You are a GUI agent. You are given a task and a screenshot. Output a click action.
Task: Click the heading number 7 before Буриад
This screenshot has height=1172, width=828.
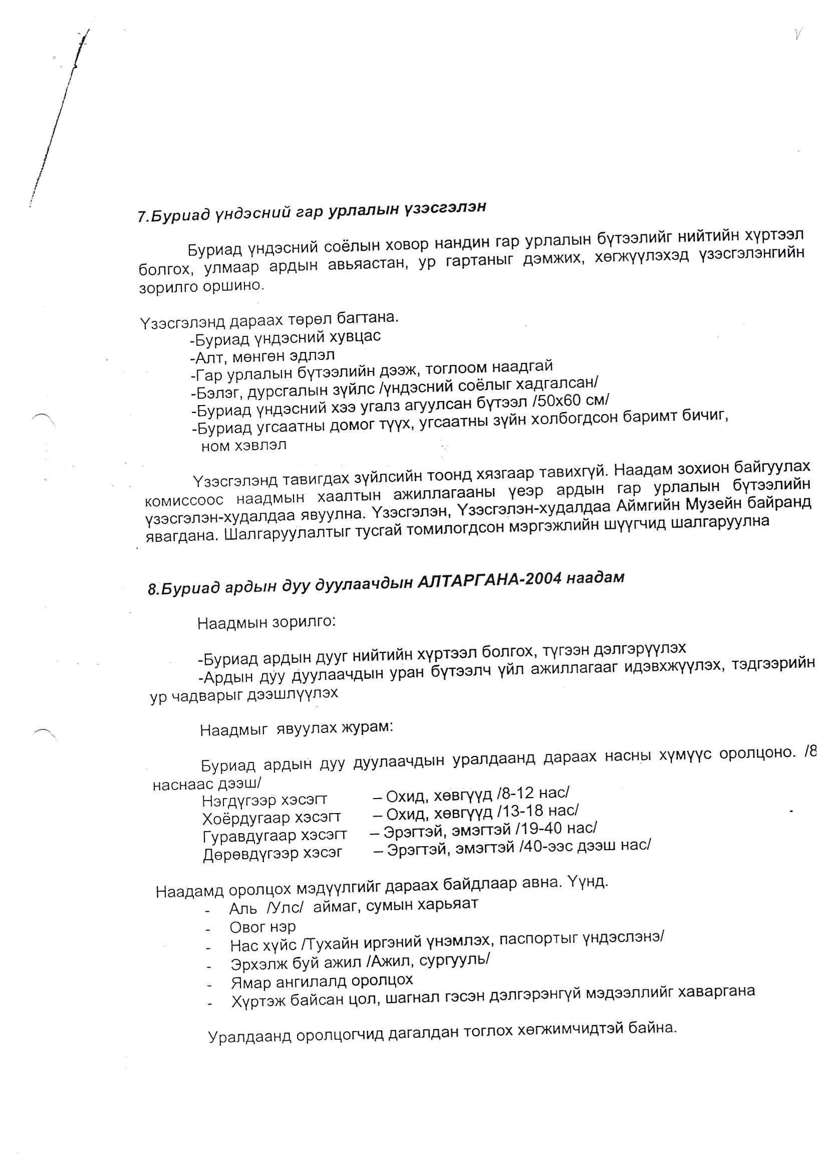pos(141,217)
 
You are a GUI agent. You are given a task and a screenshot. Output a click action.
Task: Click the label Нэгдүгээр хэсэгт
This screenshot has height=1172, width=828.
pos(264,800)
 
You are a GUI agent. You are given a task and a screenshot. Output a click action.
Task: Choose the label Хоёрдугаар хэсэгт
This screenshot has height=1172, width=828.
pos(271,818)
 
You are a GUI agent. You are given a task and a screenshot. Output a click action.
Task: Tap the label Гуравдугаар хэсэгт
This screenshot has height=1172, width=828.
pos(274,836)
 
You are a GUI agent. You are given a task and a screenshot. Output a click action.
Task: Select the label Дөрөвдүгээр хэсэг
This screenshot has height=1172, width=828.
pos(272,854)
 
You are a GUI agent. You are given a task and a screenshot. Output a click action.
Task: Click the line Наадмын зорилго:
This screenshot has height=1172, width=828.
pos(266,623)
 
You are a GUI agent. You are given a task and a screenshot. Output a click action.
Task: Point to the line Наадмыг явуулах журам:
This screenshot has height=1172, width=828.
pos(297,728)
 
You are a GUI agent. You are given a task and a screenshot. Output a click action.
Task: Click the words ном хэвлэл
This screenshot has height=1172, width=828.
pos(244,446)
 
